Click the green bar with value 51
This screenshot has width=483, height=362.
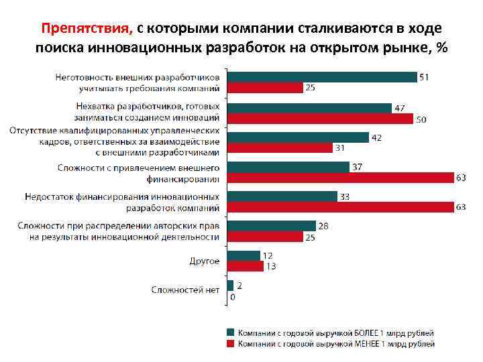[x=322, y=77]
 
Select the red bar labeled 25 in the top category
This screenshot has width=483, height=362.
[x=266, y=88]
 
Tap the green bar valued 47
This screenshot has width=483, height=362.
[x=309, y=108]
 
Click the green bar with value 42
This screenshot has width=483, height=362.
[x=298, y=137]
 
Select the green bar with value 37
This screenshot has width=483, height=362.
[x=288, y=167]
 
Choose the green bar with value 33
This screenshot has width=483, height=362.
[x=282, y=196]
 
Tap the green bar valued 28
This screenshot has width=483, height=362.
[x=272, y=226]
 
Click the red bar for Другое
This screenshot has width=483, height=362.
[x=246, y=266]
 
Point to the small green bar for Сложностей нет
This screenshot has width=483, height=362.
[x=231, y=286]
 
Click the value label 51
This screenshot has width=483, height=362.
[x=424, y=77]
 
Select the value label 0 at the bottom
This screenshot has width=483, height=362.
[x=233, y=296]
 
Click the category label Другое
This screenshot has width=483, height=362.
[x=205, y=261]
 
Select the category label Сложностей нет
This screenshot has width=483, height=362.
[x=185, y=290]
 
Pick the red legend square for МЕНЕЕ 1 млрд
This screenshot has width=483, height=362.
[x=230, y=343]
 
